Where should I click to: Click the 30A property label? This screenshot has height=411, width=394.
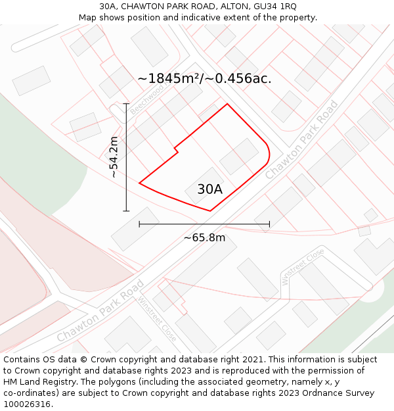tap(209, 189)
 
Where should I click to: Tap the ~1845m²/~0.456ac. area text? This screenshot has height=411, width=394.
tap(204, 78)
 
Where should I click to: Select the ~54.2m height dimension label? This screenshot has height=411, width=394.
tap(114, 157)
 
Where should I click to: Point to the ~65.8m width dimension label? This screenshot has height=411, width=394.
tap(204, 237)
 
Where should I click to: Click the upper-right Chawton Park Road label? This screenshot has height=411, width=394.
tap(301, 140)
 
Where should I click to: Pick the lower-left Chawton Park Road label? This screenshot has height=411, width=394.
tap(100, 311)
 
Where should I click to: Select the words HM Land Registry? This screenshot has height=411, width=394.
tap(40, 382)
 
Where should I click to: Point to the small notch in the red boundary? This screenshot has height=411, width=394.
tap(176, 150)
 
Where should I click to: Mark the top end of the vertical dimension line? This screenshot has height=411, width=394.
tap(126, 104)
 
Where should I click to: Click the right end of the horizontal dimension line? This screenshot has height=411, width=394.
tap(269, 224)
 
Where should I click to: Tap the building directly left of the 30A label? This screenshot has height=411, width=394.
tap(135, 228)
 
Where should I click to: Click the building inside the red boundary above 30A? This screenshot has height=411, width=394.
tap(238, 156)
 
